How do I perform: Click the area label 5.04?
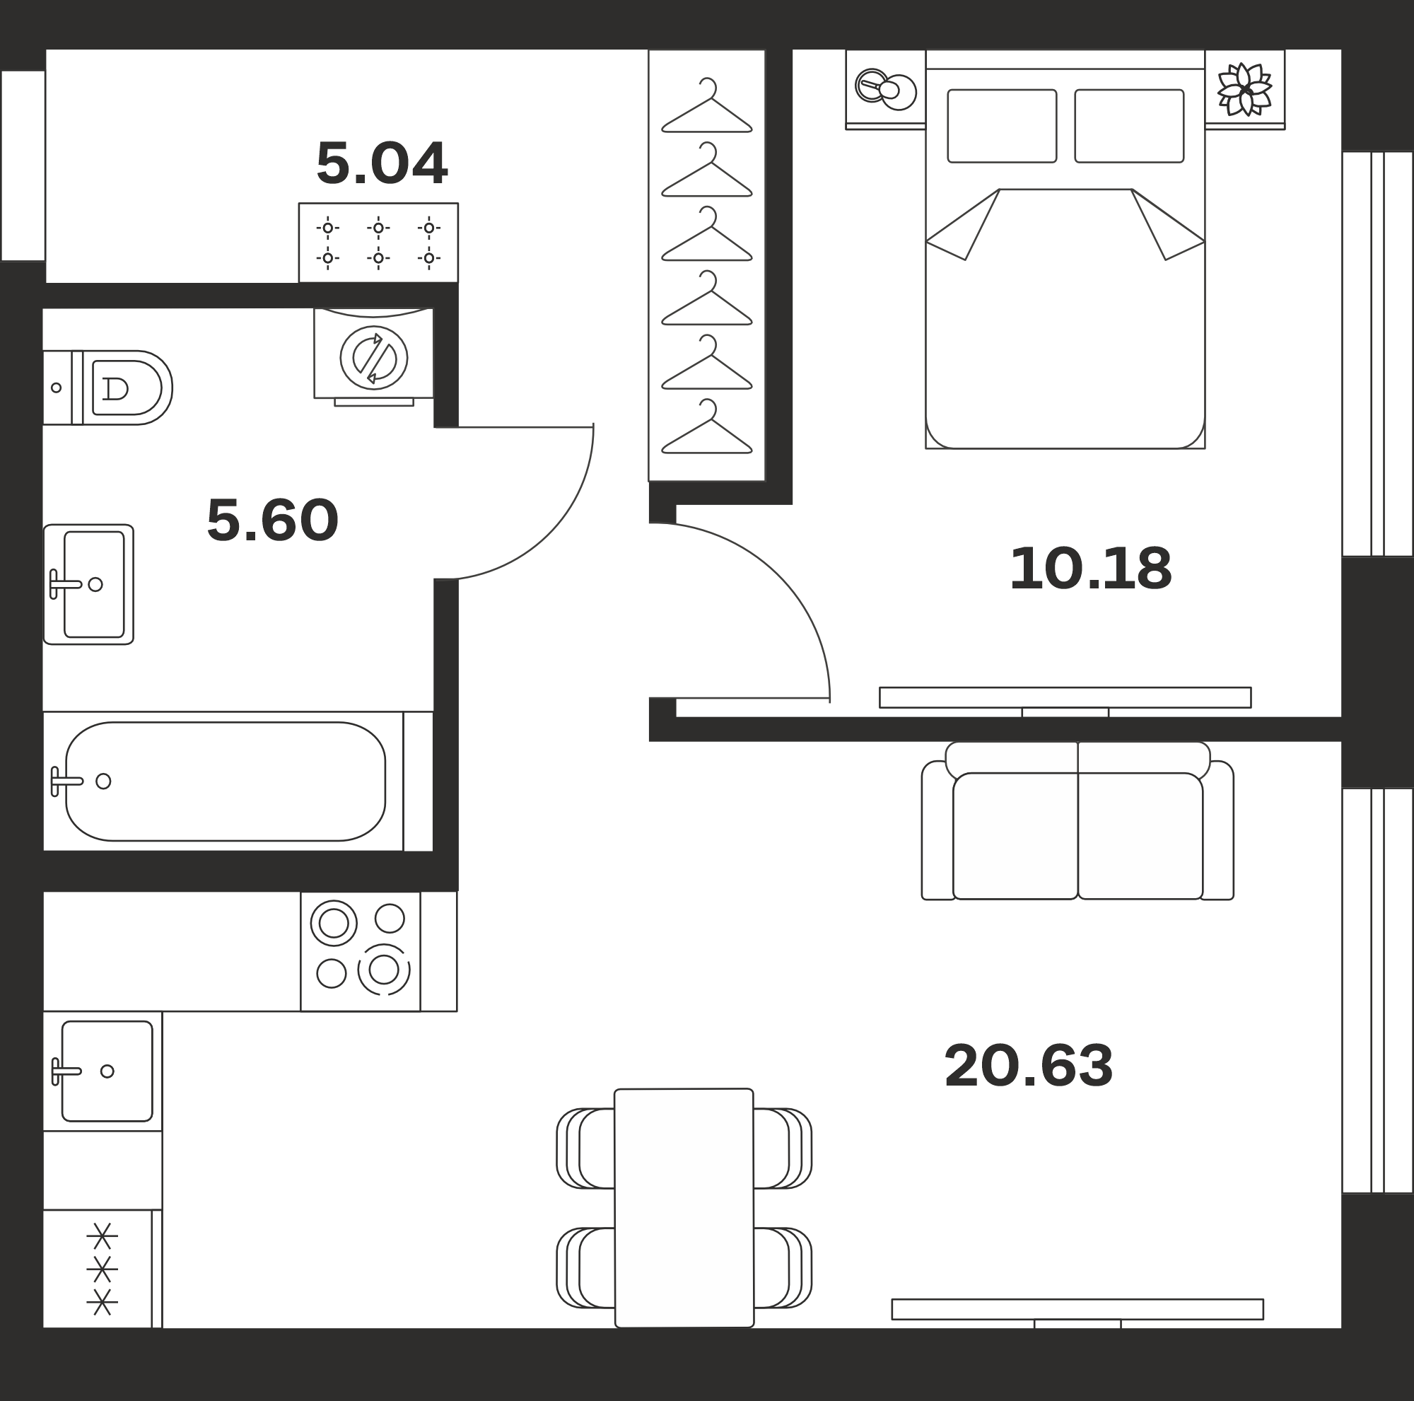point(381,163)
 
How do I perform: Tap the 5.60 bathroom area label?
point(272,521)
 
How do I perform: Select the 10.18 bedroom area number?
point(1090,569)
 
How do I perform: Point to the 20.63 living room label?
point(1028,1066)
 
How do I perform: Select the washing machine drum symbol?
point(374,358)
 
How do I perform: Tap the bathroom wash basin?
point(88,584)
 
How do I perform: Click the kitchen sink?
point(103,1071)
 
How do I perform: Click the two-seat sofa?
point(1077,820)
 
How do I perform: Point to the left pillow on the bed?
point(1002,126)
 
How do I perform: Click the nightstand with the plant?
point(1245,89)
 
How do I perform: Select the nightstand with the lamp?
point(886,89)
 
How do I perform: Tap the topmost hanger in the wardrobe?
point(707,105)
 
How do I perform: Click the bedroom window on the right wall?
point(1377,354)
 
